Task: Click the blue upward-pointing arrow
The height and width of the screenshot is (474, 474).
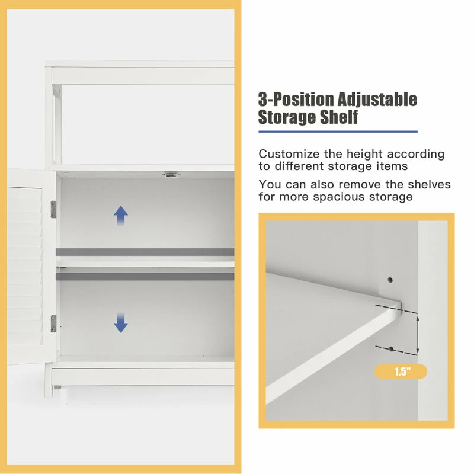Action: tap(121, 216)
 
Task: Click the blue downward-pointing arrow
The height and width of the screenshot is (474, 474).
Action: tap(121, 322)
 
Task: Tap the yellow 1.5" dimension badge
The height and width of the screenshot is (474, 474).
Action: tap(401, 371)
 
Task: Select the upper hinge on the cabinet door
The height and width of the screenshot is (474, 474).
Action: tap(53, 209)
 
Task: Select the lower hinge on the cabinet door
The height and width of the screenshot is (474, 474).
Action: tap(53, 324)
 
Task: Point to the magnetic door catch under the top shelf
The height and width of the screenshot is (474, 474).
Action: tap(171, 174)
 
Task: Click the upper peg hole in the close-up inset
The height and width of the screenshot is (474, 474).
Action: tap(390, 280)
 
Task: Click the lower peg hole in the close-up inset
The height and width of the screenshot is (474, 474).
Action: tap(391, 349)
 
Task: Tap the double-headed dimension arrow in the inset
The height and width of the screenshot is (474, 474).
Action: tap(418, 335)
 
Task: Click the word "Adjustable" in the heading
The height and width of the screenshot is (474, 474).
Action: tap(377, 100)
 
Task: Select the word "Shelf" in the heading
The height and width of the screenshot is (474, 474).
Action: tap(339, 117)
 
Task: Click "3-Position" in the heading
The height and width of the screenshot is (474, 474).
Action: tap(296, 99)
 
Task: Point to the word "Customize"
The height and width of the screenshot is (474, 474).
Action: tap(289, 154)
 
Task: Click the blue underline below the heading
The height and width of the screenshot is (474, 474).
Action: tap(338, 132)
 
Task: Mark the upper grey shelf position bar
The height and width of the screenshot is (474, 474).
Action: tap(145, 252)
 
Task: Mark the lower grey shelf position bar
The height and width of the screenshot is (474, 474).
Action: tap(145, 276)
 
